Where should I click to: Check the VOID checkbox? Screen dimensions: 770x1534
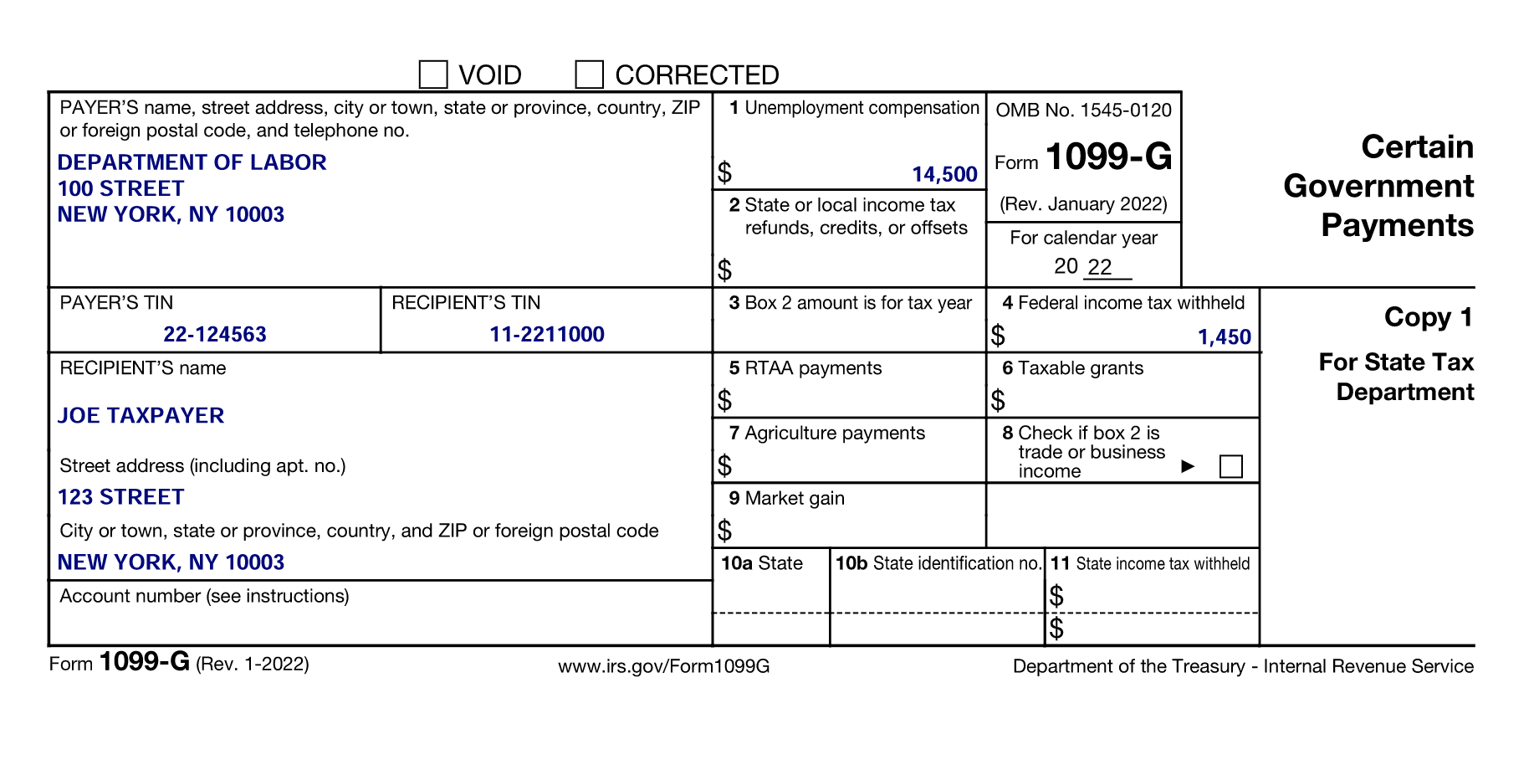[x=433, y=74]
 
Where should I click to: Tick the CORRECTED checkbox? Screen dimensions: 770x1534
[x=589, y=74]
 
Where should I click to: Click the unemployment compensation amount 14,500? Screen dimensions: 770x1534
[x=944, y=174]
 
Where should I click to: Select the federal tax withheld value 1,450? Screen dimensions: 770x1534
[x=1224, y=336]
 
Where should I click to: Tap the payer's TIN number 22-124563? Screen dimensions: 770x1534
[x=215, y=334]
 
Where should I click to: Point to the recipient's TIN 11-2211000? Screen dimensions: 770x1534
[x=547, y=334]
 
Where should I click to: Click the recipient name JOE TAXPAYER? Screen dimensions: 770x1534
[x=141, y=415]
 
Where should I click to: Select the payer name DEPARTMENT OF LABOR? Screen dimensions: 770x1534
[x=192, y=162]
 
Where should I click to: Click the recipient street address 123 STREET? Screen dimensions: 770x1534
[x=120, y=496]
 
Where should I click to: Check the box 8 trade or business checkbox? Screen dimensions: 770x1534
[x=1230, y=466]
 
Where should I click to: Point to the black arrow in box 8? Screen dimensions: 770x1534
[x=1188, y=466]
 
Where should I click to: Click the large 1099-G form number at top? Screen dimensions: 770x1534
[x=1108, y=157]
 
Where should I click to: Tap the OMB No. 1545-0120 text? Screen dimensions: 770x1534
[x=1083, y=110]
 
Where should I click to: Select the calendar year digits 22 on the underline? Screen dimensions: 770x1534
[x=1100, y=266]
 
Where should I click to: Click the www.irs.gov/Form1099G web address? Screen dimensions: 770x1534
[x=663, y=666]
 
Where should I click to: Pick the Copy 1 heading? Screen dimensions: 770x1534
[x=1428, y=316]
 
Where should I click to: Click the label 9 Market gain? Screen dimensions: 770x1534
[x=786, y=498]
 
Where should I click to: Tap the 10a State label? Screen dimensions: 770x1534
[x=761, y=563]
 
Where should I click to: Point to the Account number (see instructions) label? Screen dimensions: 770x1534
[x=204, y=596]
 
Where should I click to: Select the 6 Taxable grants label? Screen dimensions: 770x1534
[x=1072, y=368]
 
